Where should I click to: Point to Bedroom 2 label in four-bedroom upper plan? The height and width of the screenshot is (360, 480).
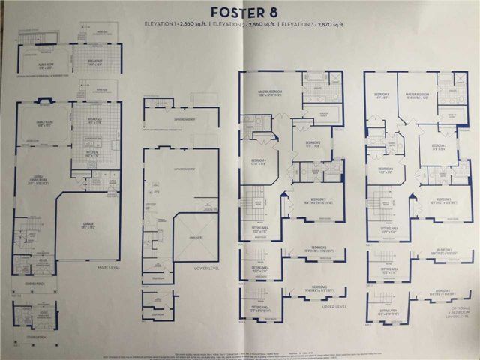(x=313, y=143)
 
